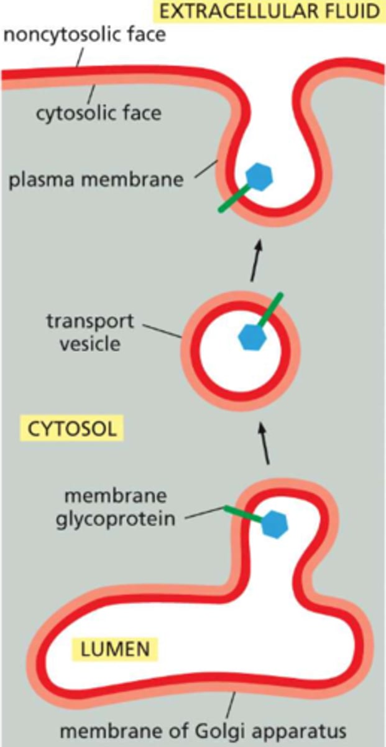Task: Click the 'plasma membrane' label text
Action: point(97,181)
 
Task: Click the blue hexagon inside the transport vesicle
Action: point(253,338)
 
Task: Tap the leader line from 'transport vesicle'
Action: point(163,330)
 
